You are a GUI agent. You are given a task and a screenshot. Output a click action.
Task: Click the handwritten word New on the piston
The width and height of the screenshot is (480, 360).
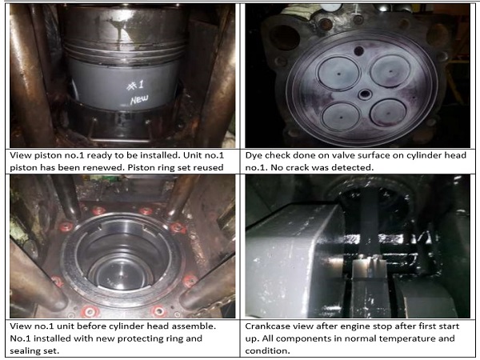point(139,99)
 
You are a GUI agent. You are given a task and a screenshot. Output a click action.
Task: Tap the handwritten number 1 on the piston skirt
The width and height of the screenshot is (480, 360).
point(141,85)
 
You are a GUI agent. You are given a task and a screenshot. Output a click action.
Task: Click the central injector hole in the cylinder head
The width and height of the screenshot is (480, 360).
point(365,94)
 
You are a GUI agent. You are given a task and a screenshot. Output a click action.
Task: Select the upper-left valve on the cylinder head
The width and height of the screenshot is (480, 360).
point(338,74)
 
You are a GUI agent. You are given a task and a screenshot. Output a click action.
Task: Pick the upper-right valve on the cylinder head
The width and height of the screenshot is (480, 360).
point(390,70)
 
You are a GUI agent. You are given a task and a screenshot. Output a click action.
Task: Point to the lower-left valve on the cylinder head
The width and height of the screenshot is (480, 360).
point(341,117)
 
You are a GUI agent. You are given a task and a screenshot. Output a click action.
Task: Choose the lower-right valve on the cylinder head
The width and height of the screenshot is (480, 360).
point(388,113)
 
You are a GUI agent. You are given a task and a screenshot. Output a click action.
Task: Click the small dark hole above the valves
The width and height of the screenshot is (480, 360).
point(358,51)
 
